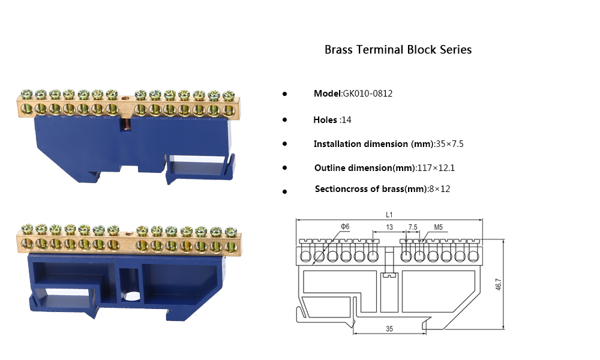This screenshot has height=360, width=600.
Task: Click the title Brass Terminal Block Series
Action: [x=398, y=50]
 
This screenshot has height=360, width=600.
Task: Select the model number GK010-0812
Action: [x=367, y=94]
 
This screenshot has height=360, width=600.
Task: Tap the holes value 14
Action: [x=346, y=120]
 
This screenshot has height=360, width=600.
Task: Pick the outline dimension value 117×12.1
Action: [x=436, y=168]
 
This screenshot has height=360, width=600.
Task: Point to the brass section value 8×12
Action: [x=439, y=189]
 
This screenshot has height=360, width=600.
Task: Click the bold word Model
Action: [x=327, y=94]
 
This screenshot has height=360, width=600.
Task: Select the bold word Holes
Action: [x=325, y=120]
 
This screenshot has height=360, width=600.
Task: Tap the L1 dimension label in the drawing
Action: [x=389, y=214]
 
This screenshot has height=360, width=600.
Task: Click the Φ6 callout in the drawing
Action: [x=345, y=226]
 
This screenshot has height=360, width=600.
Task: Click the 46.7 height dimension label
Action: [x=498, y=284]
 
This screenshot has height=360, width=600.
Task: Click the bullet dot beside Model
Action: [x=284, y=94]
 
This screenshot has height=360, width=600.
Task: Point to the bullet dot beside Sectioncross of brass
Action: [x=284, y=191]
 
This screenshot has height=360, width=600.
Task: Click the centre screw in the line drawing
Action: [x=389, y=276]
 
